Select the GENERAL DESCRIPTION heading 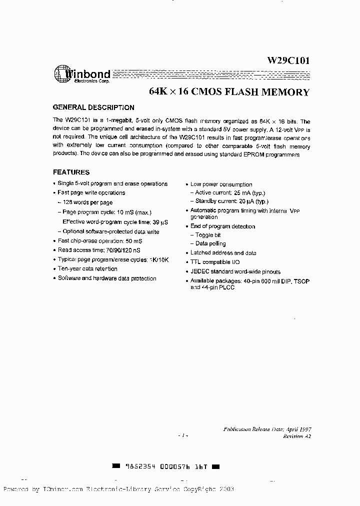pos(93,107)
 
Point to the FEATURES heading pos(71,172)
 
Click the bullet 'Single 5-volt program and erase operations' pos(112,184)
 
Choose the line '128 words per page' pos(87,202)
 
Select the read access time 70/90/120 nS pos(127,250)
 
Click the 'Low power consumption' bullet pos(221,184)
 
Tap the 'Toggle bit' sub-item pos(207,235)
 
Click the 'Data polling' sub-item pos(210,244)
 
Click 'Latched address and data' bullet pos(223,253)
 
